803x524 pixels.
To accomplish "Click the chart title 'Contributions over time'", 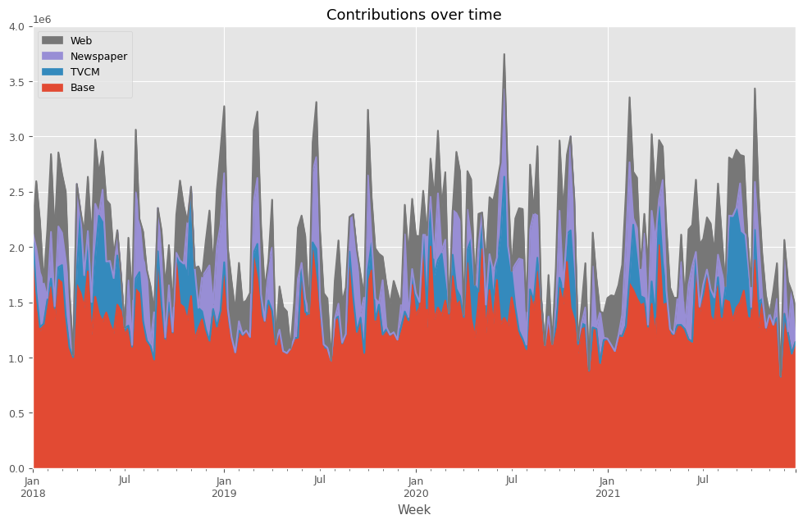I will click(413, 15).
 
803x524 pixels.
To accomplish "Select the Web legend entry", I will click(81, 40).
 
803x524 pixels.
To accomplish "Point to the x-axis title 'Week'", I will click(413, 510).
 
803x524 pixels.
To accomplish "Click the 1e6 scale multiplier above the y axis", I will click(41, 19).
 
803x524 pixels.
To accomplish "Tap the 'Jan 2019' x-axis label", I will click(224, 487).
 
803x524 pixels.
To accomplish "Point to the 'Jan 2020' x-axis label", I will click(416, 487).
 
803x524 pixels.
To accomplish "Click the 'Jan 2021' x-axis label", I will click(608, 487).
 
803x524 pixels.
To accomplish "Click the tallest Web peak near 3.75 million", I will click(504, 55).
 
